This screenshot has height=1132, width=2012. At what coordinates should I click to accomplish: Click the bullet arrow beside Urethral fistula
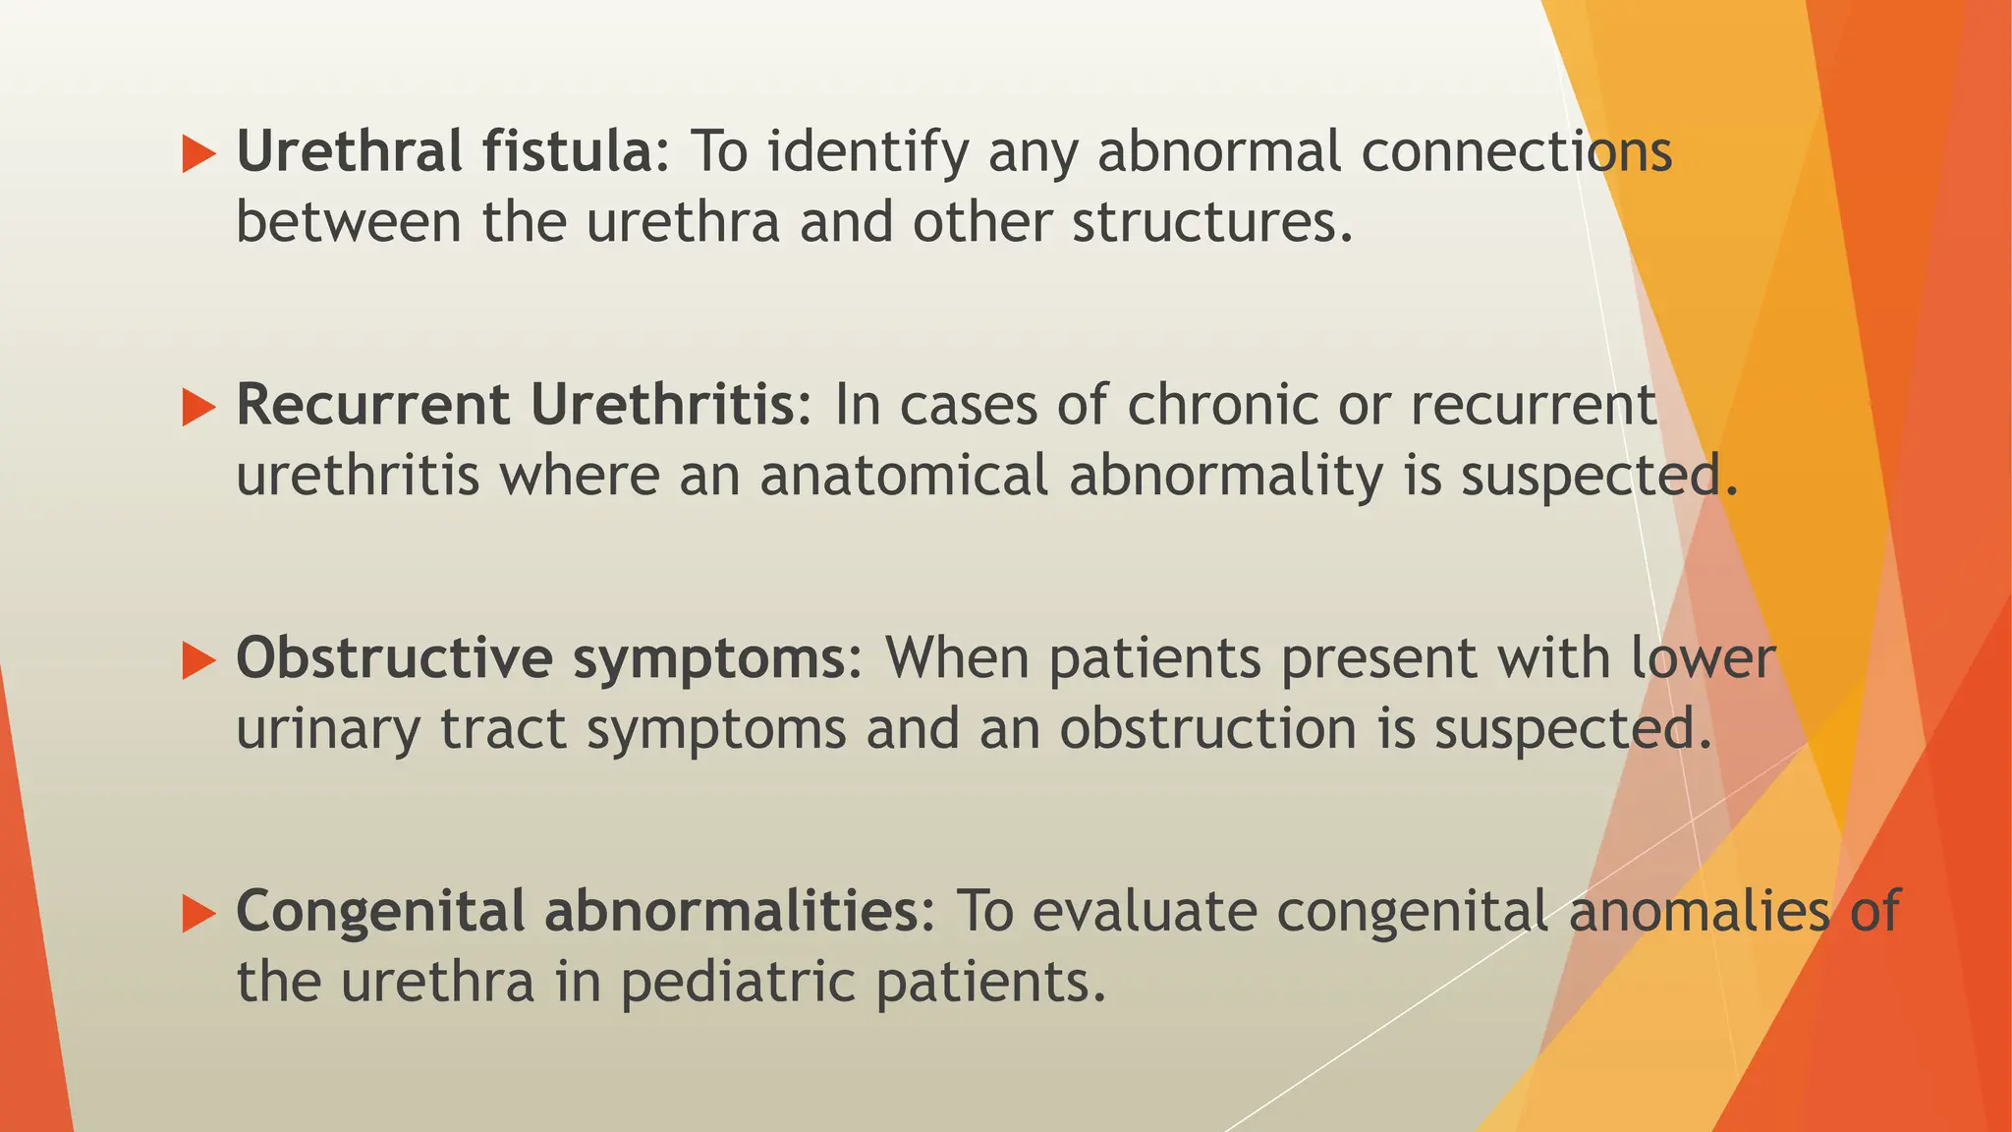point(198,154)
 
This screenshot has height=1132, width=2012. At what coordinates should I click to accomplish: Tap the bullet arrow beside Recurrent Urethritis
point(198,407)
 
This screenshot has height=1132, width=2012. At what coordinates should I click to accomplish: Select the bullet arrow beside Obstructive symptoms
point(198,660)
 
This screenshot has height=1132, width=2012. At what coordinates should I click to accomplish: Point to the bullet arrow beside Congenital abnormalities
point(198,914)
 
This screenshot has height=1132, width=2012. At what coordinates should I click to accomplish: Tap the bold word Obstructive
point(394,658)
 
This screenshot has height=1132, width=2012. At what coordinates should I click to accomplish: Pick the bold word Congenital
point(380,911)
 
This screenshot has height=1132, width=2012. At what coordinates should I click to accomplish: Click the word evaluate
point(1145,911)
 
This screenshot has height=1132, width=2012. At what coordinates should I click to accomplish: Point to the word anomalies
point(1699,911)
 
